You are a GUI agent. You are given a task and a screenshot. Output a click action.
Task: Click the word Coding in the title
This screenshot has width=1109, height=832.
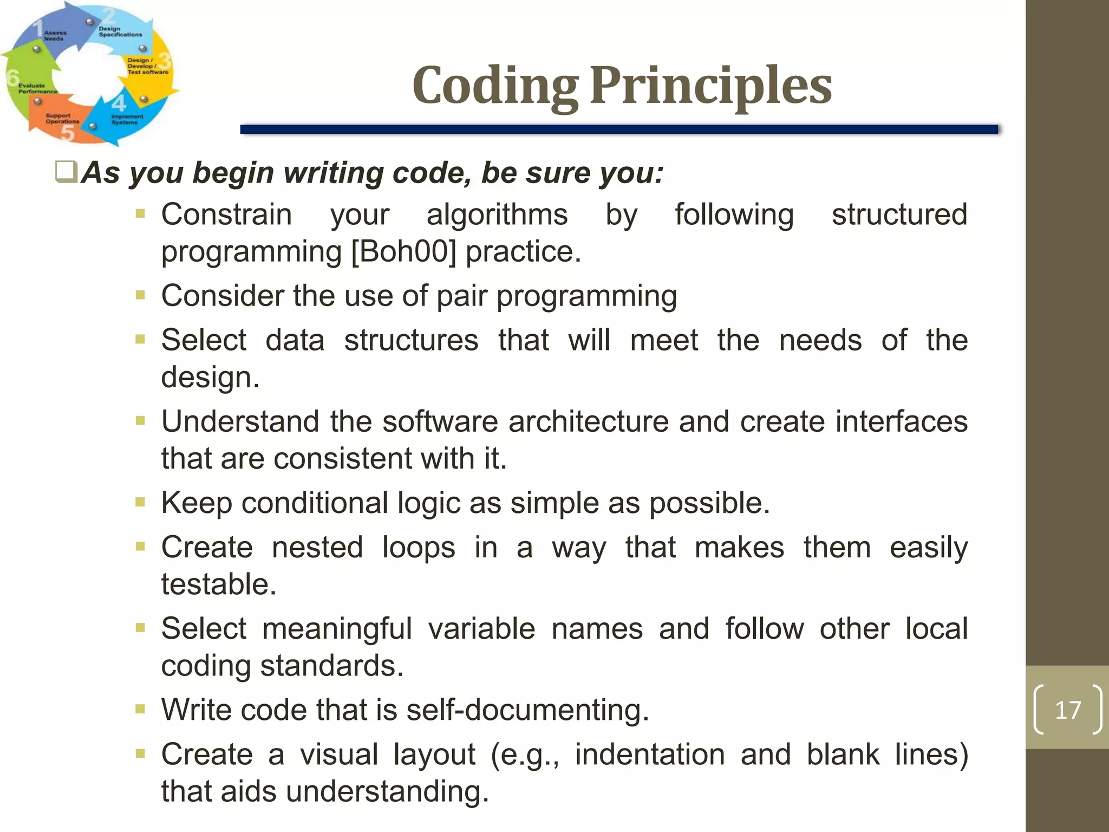[495, 87]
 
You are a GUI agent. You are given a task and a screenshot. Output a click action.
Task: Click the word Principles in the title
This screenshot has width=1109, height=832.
[710, 87]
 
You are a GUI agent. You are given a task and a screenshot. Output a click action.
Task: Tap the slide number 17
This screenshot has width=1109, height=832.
[1067, 710]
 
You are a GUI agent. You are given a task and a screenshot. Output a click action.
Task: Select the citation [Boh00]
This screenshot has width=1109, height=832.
[403, 251]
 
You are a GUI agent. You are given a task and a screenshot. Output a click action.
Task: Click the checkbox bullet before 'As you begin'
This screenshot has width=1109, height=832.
[67, 172]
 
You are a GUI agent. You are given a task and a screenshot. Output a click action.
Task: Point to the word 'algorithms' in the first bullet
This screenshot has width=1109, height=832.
[497, 214]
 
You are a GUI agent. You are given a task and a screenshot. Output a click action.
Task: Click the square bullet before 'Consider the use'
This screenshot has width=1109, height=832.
[140, 295]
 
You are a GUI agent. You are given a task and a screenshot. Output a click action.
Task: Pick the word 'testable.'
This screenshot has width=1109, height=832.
[219, 584]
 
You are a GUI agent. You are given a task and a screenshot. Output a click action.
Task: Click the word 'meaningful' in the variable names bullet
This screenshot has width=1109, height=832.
[337, 629]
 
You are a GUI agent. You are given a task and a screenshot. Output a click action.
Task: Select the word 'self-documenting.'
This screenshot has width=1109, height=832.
[527, 710]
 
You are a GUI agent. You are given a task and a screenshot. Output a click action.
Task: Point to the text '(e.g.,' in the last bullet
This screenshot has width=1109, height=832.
[524, 755]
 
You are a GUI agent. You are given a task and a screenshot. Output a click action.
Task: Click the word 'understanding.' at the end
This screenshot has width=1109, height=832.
[387, 791]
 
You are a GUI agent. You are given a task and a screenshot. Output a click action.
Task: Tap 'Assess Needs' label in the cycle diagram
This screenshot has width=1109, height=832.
[55, 36]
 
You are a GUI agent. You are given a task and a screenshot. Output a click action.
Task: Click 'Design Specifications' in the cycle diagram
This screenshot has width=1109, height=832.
[120, 31]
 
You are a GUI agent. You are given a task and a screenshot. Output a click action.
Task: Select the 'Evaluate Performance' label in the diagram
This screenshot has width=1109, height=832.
[37, 88]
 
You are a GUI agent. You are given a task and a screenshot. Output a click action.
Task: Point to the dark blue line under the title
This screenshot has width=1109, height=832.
[618, 129]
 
